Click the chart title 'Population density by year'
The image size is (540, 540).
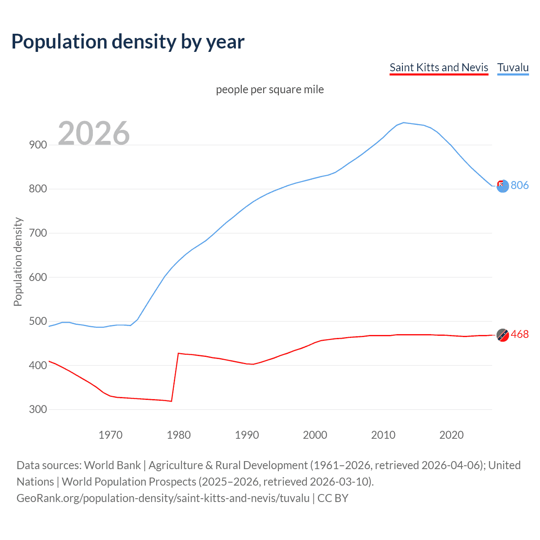click(128, 42)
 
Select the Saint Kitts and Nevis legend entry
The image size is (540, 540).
click(439, 67)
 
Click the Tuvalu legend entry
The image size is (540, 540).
click(513, 67)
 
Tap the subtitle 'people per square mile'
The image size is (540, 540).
click(270, 89)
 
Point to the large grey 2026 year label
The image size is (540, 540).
click(94, 133)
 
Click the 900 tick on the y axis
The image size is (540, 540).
click(38, 145)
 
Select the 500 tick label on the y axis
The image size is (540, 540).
click(38, 321)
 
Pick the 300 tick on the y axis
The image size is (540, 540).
click(38, 409)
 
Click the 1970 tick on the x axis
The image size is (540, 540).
click(111, 435)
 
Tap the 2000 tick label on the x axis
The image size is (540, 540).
click(315, 435)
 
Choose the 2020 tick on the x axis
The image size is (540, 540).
click(451, 435)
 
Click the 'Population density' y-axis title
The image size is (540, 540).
click(18, 262)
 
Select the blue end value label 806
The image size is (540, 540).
click(520, 185)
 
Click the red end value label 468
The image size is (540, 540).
click(520, 335)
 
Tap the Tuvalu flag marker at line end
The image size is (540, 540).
click(502, 186)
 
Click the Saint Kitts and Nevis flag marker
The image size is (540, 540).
click(502, 335)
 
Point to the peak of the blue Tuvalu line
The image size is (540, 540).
click(404, 123)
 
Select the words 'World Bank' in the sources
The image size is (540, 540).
click(112, 465)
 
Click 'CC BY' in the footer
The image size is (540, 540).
click(333, 498)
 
